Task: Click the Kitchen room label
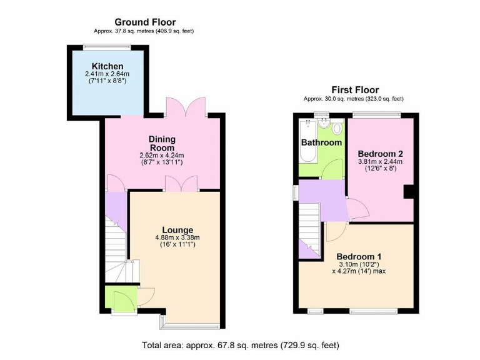(107, 66)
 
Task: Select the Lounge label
(177, 229)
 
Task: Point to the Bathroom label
(321, 142)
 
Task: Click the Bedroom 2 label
(380, 153)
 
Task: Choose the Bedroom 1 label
(359, 256)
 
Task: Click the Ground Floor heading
(145, 22)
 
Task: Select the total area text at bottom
(241, 345)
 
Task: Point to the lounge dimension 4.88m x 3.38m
(177, 237)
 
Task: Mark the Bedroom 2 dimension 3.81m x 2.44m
(380, 161)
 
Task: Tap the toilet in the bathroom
(337, 129)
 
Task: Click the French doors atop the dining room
(186, 108)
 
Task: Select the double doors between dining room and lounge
(182, 184)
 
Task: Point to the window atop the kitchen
(107, 46)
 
